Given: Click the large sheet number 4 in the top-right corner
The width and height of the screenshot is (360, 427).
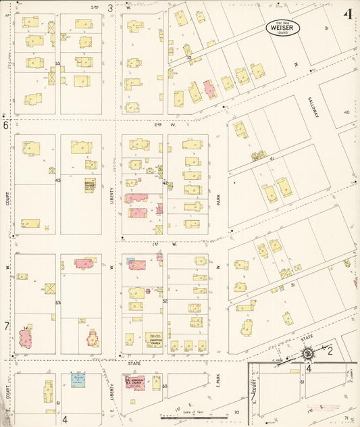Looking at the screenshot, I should pyautogui.click(x=347, y=14).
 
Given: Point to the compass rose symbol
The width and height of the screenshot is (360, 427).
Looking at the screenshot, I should pyautogui.click(x=308, y=353).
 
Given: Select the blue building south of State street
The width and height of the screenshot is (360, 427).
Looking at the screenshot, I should pyautogui.click(x=78, y=381).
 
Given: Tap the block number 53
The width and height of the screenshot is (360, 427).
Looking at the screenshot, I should pyautogui.click(x=58, y=302).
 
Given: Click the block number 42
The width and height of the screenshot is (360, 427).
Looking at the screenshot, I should pyautogui.click(x=165, y=182).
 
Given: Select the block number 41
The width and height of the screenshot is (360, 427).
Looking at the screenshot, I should pyautogui.click(x=272, y=158).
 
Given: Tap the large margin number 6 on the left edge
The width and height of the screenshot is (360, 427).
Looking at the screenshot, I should pyautogui.click(x=5, y=125).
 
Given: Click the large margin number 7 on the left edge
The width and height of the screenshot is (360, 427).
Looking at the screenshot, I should pyautogui.click(x=6, y=326).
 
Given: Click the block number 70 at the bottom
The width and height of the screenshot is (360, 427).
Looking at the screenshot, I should pyautogui.click(x=236, y=411).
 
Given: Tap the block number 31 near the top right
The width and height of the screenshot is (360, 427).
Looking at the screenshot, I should pyautogui.click(x=326, y=28).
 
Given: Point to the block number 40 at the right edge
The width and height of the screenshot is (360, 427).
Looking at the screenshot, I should pyautogui.click(x=346, y=112).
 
